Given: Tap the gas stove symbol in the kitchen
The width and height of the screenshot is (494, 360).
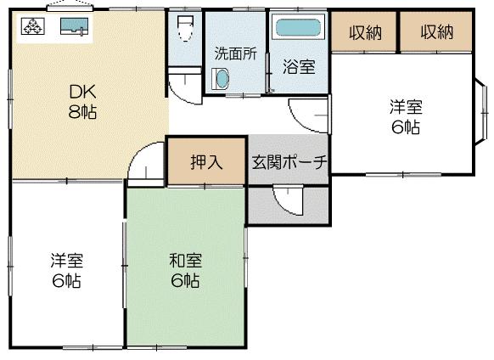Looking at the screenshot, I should click(33, 27).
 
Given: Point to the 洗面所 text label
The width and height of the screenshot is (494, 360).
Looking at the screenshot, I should click(235, 52).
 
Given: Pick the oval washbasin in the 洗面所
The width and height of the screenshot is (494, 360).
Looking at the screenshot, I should click(221, 80).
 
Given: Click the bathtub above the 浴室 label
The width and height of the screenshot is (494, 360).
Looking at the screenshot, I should click(299, 28).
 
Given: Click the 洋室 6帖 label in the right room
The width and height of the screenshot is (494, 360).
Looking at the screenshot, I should click(405, 117).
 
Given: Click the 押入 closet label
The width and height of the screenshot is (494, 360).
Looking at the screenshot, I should click(206, 162).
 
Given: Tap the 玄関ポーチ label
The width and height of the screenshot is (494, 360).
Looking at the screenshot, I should click(289, 162).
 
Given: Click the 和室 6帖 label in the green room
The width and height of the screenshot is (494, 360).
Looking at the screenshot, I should click(184, 270).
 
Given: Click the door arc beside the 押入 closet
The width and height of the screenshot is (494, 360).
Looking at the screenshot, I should click(148, 164).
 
